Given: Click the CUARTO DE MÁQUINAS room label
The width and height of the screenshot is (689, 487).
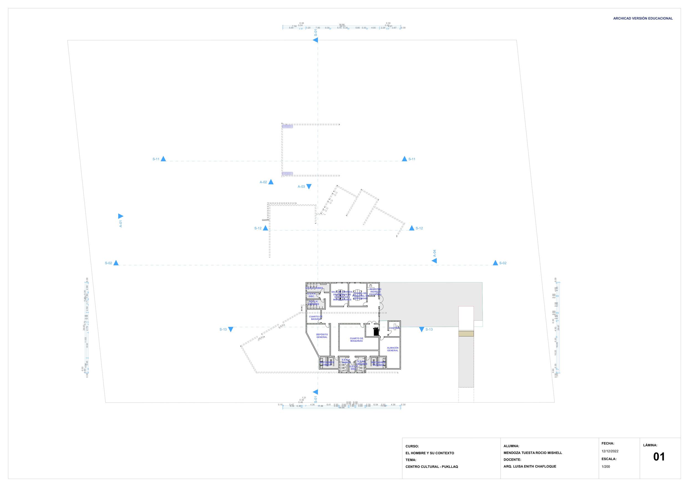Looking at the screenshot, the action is coord(356,340).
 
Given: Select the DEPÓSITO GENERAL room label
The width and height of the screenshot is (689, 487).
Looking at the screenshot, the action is coord(322,336).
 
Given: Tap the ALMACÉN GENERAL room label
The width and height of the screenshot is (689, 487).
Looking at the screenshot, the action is coord(392,349).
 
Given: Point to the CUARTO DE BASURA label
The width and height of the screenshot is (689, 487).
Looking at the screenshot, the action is coord(316,318).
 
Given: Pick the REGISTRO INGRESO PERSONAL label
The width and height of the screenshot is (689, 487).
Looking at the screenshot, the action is coord(375,292).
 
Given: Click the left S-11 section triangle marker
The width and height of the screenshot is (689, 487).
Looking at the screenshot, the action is coord(163,159).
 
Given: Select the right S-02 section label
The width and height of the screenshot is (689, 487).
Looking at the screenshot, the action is coord(503,263).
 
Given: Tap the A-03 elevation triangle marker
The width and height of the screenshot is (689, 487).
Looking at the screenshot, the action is coord(309,187).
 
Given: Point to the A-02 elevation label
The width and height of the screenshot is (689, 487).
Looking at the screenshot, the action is coord(263,182).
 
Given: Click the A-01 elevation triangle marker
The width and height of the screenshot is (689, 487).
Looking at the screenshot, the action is coord(121,216).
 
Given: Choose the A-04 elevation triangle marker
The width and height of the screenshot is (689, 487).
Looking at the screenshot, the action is coord(434,261).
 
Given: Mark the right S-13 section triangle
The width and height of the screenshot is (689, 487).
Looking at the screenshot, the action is coord(421,329).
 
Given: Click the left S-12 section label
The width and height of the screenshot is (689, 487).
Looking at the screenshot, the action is coord(258,228).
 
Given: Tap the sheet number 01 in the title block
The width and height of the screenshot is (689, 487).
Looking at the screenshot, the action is coord(659,457).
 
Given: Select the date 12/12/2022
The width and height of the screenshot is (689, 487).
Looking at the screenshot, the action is coord(610,451).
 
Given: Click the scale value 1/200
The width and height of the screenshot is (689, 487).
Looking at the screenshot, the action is coord(606,466).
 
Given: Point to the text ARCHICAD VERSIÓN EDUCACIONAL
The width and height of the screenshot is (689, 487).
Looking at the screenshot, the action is coord(643,18).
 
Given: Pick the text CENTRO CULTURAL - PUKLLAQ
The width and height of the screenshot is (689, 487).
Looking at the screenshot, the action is coord(432,466).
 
